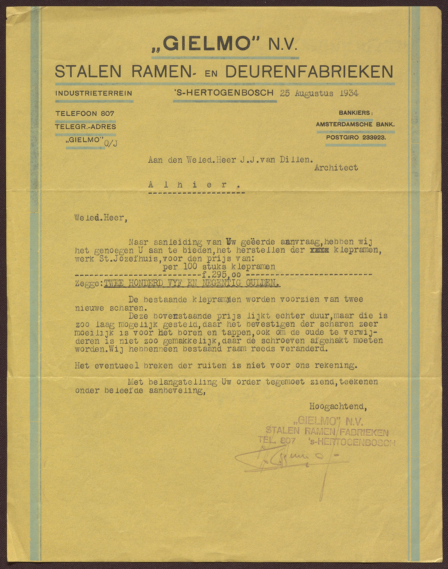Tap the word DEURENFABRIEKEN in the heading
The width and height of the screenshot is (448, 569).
[309, 71]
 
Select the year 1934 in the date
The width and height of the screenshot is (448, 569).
[349, 93]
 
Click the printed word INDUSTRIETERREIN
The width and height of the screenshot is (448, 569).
[94, 93]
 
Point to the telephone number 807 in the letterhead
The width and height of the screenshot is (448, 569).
[107, 113]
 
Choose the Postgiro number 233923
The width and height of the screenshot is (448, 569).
[374, 137]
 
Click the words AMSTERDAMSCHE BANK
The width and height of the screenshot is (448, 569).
[355, 124]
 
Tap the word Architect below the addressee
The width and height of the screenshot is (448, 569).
[336, 168]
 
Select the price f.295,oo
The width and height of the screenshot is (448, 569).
[219, 275]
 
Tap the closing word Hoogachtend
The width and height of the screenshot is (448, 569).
[338, 407]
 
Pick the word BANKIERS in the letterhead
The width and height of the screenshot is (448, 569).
[355, 113]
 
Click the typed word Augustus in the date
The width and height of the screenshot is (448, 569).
[314, 93]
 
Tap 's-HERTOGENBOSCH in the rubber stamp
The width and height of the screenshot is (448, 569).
[352, 443]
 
